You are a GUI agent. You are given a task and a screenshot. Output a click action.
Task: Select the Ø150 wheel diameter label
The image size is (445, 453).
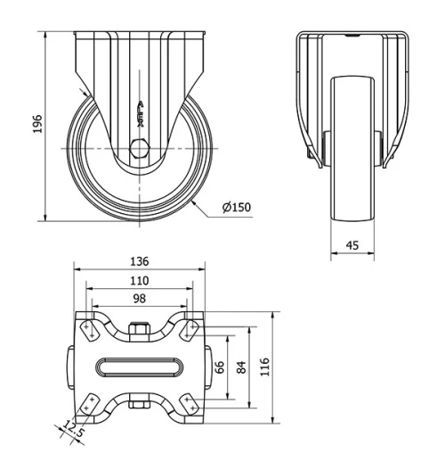[x=237, y=208]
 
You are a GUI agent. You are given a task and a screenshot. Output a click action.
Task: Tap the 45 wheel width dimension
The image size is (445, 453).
[x=353, y=244]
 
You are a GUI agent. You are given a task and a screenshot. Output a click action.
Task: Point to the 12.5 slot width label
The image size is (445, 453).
[x=76, y=435]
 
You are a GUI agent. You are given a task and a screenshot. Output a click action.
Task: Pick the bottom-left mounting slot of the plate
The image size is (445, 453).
[x=89, y=405]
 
